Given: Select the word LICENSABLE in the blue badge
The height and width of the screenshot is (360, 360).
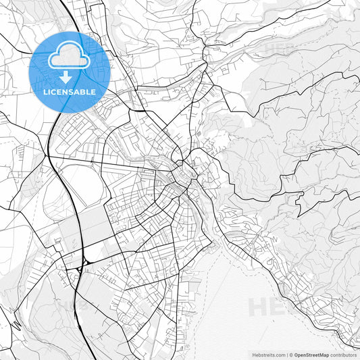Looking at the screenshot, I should (x=70, y=91).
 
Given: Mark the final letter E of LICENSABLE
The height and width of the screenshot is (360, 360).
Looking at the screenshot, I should (x=93, y=91).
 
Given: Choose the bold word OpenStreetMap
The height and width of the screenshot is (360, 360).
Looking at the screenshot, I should (x=311, y=355).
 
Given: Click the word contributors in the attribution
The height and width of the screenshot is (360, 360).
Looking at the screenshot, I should (x=343, y=355).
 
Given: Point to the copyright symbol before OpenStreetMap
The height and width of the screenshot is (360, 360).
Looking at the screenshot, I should (x=291, y=355).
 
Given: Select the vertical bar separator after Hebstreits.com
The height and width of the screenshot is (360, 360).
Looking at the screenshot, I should (x=286, y=355).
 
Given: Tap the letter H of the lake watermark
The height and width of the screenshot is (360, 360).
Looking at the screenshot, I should (x=257, y=307).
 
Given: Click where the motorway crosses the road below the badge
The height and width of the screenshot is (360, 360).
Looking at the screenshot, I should (x=49, y=157).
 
